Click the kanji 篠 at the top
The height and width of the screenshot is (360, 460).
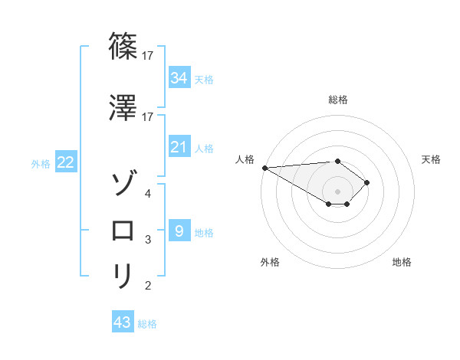pyautogui.click(x=123, y=47)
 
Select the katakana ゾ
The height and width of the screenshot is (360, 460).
pyautogui.click(x=123, y=184)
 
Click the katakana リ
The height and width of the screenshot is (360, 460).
pyautogui.click(x=123, y=276)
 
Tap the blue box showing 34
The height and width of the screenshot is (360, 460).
pyautogui.click(x=179, y=78)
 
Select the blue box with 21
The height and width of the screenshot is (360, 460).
pyautogui.click(x=179, y=147)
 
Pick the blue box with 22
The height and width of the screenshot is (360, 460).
pyautogui.click(x=66, y=163)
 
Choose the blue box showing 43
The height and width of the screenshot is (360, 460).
pyautogui.click(x=123, y=322)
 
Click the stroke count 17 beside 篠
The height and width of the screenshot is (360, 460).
pyautogui.click(x=149, y=56)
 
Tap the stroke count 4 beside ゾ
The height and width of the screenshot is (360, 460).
pyautogui.click(x=148, y=194)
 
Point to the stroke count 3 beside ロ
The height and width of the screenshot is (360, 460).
pyautogui.click(x=148, y=240)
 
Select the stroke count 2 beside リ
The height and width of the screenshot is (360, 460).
pyautogui.click(x=148, y=286)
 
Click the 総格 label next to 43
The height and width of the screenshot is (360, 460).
pyautogui.click(x=147, y=324)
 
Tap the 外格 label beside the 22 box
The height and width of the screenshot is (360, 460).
pyautogui.click(x=41, y=164)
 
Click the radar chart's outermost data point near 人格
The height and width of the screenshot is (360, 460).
pyautogui.click(x=264, y=168)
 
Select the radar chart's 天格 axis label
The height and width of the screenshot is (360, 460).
pyautogui.click(x=431, y=159)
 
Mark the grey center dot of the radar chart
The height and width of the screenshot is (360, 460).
pyautogui.click(x=337, y=190)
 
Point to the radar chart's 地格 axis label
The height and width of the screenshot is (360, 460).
pyautogui.click(x=402, y=262)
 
